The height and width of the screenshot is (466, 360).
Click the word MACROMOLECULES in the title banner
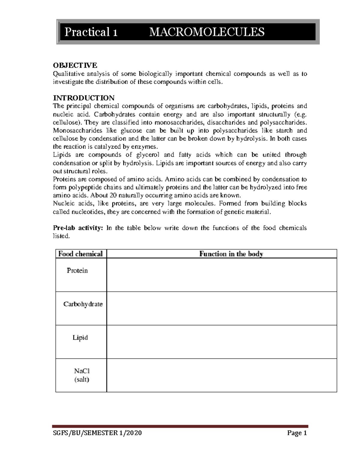pyautogui.click(x=207, y=32)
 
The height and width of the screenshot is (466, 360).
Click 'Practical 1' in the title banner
pyautogui.click(x=91, y=32)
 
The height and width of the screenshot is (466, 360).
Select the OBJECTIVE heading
pyautogui.click(x=75, y=65)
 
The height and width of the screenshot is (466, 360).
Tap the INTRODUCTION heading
pyautogui.click(x=84, y=98)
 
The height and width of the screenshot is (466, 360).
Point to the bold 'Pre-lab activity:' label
pyautogui.click(x=78, y=228)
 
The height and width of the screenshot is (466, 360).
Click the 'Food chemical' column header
pyautogui.click(x=80, y=254)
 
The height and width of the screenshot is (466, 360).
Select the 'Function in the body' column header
pyautogui.click(x=231, y=254)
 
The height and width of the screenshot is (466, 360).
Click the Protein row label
pyautogui.click(x=77, y=271)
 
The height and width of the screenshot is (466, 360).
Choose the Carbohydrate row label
pyautogui.click(x=83, y=304)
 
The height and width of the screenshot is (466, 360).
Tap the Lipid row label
pyautogui.click(x=80, y=338)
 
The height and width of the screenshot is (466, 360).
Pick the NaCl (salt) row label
pyautogui.click(x=82, y=375)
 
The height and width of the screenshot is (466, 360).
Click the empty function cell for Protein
pyautogui.click(x=222, y=275)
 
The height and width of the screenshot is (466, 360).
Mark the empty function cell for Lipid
pyautogui.click(x=222, y=342)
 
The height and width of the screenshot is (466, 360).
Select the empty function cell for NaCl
pyautogui.click(x=222, y=375)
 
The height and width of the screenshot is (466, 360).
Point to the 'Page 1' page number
pyautogui.click(x=297, y=433)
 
